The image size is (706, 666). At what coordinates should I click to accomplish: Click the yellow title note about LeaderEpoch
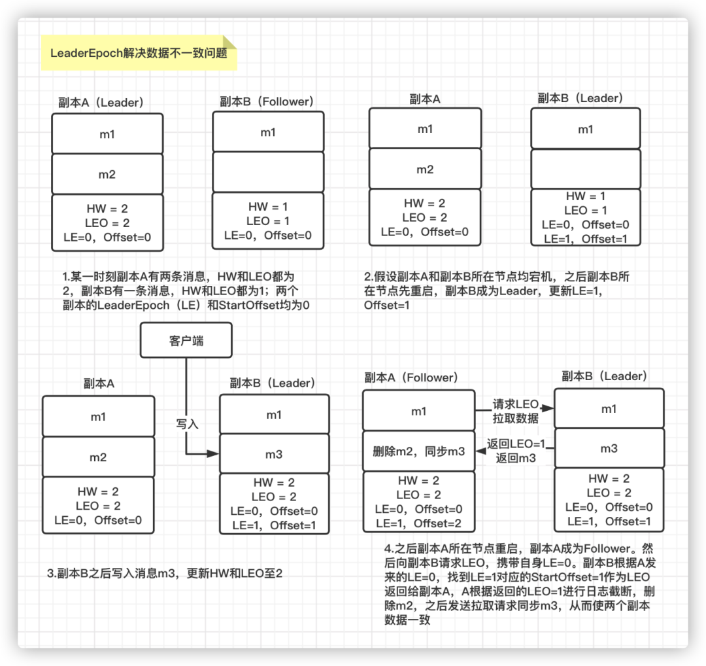coord(139,53)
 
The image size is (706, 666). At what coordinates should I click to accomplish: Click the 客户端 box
coord(186,341)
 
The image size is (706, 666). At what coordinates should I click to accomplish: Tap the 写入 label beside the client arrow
coord(187,423)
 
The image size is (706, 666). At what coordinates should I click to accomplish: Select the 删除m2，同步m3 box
coord(418,451)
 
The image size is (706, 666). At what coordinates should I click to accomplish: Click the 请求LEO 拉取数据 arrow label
coord(515,412)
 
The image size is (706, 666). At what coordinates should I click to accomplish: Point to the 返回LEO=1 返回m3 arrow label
coord(515,451)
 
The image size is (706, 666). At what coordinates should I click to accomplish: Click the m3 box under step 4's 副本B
coord(609,449)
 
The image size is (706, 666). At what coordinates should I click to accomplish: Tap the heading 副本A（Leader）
coord(101,102)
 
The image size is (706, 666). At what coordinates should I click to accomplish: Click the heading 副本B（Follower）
coord(267,101)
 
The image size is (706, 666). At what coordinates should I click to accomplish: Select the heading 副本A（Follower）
coord(411,377)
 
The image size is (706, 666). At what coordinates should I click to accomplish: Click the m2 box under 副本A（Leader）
coord(107,174)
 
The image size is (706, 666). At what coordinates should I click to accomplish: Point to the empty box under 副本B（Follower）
coord(268,172)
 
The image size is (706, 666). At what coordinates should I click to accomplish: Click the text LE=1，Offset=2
coord(418,523)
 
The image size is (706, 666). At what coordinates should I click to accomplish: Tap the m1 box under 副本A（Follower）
coord(418,412)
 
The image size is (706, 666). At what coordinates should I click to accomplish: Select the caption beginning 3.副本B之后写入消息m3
coord(164,573)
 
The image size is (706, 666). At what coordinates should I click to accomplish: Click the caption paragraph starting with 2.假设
coord(497,290)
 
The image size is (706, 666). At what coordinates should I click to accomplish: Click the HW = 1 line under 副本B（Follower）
coord(268,207)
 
